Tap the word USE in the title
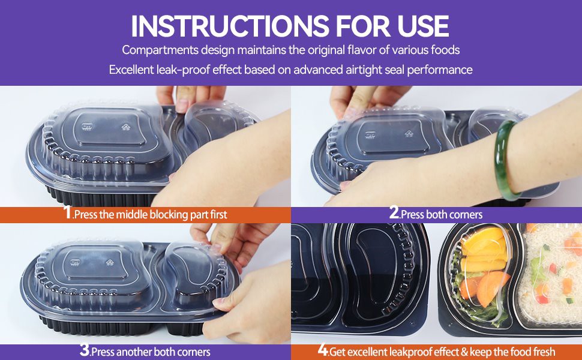coord(423,26)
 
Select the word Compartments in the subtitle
coord(160,50)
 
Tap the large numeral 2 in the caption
coord(394,212)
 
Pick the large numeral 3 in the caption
coord(85,350)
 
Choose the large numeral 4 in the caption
coord(323,350)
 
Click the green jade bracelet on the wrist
coord(502,160)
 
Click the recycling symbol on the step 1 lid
coord(126,127)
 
